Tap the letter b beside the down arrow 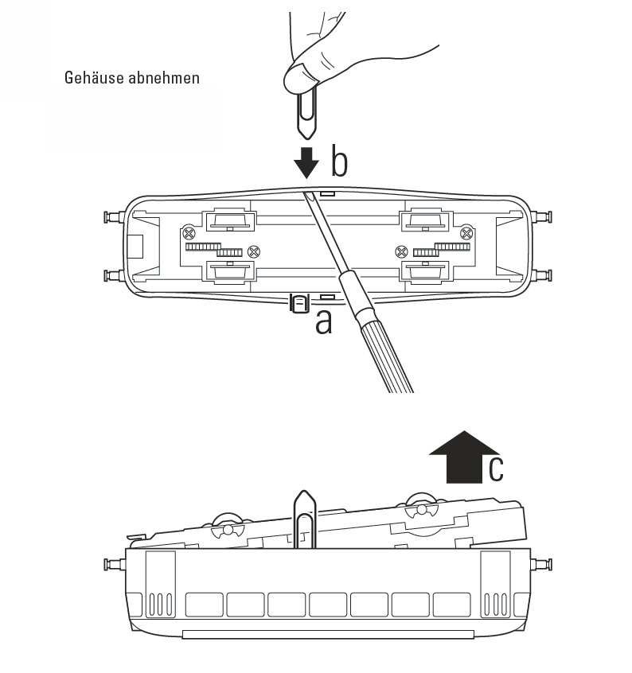click(x=339, y=161)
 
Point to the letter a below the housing click(x=324, y=321)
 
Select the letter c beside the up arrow click(x=496, y=469)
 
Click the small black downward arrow click(x=306, y=162)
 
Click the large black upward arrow click(x=464, y=457)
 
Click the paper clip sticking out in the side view click(x=304, y=519)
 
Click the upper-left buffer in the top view click(x=115, y=216)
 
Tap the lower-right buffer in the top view click(x=542, y=275)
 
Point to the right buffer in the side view click(x=542, y=564)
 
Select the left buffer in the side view click(x=115, y=564)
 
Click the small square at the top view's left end click(x=135, y=247)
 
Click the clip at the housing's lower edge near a click(x=299, y=303)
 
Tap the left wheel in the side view click(x=228, y=526)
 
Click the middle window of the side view click(x=328, y=605)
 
